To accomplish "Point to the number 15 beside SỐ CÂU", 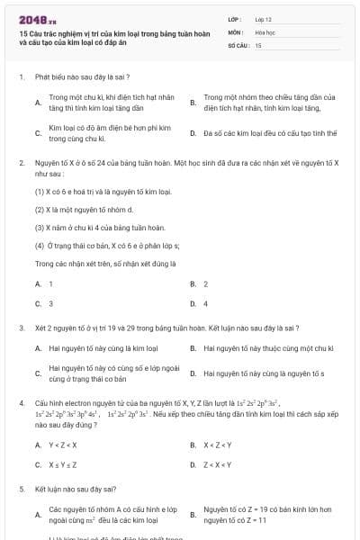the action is (x=258, y=44).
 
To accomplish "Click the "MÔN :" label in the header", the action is (x=236, y=31).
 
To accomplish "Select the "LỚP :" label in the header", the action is (x=236, y=19).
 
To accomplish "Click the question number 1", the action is (x=21, y=78).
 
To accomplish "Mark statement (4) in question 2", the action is (x=106, y=246).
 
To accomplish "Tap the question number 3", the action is (x=21, y=328).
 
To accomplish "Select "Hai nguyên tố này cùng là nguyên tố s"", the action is (x=264, y=373).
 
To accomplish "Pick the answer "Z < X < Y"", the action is (x=218, y=464).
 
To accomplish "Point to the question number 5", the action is (x=21, y=489).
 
